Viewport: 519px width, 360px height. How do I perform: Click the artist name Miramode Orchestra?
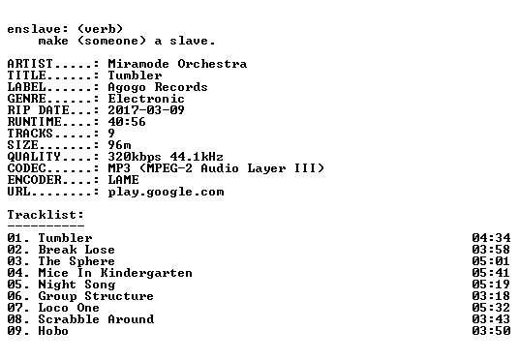177,64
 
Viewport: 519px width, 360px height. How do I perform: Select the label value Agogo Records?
158,87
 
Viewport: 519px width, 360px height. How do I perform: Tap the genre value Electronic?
146,99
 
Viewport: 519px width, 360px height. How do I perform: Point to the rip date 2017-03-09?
146,110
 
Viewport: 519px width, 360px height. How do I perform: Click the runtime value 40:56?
127,122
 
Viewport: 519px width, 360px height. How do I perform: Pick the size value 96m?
119,145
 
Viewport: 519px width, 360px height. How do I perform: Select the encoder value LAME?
124,180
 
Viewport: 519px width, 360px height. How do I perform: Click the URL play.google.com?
166,192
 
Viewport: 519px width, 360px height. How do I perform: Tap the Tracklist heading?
46,215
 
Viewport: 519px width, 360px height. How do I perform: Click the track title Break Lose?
76,250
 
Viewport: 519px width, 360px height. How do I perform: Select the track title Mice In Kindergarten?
115,273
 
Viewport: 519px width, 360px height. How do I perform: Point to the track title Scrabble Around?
96,319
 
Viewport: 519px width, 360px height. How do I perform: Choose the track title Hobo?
53,331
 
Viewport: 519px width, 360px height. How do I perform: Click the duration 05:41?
491,273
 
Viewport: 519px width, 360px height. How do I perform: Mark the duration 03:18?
491,296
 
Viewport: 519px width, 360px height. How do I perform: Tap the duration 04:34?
491,238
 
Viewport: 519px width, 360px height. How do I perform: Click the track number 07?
15,308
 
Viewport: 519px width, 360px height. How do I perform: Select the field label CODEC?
26,168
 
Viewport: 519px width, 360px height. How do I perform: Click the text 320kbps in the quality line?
135,157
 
